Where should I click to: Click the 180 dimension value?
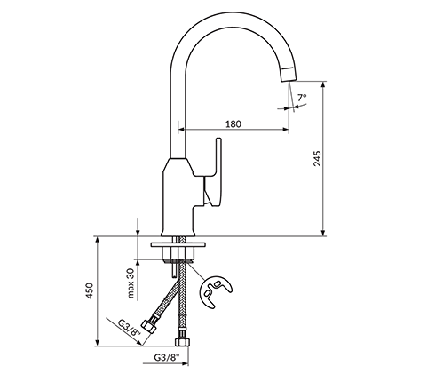click(233, 123)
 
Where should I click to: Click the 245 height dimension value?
click(317, 158)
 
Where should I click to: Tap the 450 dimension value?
click(90, 290)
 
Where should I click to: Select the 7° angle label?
click(302, 98)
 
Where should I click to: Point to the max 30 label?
click(131, 283)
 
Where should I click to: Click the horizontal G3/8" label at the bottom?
click(167, 357)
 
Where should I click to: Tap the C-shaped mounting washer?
click(216, 292)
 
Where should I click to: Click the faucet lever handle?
click(214, 171)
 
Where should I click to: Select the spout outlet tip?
click(288, 77)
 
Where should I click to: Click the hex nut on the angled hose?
click(148, 326)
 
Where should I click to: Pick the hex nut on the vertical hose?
click(182, 341)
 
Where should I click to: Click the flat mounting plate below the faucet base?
click(178, 245)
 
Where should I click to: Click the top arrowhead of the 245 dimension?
click(323, 84)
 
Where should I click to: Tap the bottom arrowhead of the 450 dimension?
click(98, 343)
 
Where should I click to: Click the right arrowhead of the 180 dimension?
click(286, 129)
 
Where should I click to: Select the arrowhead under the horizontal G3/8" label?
click(186, 363)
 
